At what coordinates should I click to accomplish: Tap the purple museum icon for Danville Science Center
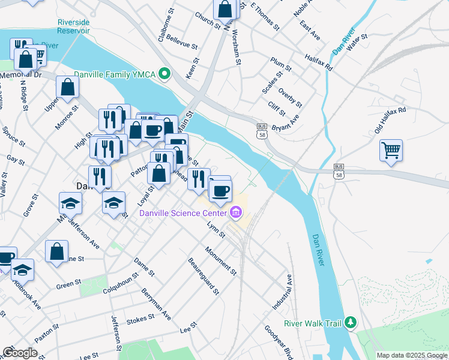coord(235,212)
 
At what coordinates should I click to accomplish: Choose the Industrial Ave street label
coord(282,292)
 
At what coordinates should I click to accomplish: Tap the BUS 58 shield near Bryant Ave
coord(262,131)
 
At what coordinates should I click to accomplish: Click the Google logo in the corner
coord(20,353)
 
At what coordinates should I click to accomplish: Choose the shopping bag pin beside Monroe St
coord(68,88)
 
